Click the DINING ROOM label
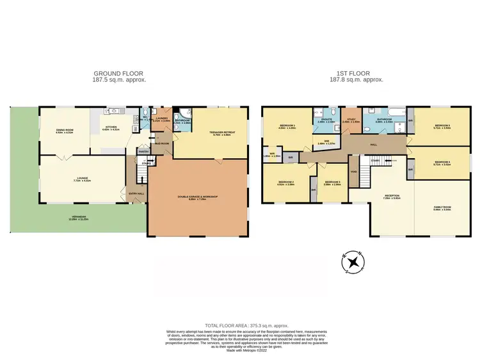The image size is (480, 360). tap(65, 131)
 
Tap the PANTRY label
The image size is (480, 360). tap(143, 151)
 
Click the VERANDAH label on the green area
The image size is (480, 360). tap(79, 218)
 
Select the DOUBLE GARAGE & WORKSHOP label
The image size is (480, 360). tap(196, 197)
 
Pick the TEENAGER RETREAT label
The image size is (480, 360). tap(223, 133)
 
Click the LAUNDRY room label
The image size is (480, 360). tap(161, 118)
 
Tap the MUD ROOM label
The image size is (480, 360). tap(164, 143)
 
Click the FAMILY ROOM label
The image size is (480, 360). tap(442, 208)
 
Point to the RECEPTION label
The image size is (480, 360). tap(391, 197)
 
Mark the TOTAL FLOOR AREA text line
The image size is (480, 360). tap(239, 325)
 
